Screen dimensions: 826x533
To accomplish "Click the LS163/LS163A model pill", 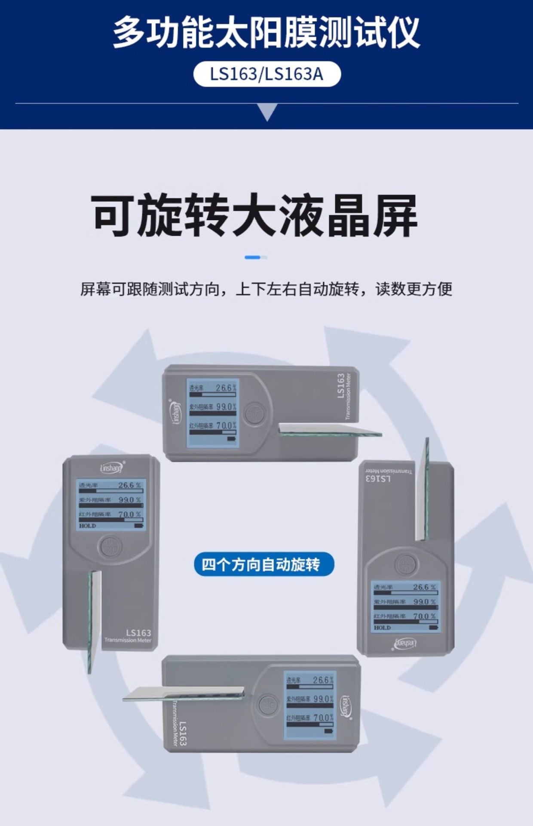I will coord(266,74).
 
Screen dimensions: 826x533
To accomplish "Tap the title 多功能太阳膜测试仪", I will coord(266,32).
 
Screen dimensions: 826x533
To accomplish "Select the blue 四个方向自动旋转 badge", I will coord(263,564).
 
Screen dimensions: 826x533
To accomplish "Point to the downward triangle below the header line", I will coord(267,113).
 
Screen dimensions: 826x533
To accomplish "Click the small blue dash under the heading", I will coord(253,257).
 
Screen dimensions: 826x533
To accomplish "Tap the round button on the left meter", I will coord(110,547).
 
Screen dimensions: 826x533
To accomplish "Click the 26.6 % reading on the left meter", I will coord(129,485).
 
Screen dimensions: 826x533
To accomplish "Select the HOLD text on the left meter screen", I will coord(87,526).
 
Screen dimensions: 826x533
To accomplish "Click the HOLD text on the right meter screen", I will coord(382,628).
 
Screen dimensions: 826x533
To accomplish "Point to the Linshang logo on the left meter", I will coord(111,468).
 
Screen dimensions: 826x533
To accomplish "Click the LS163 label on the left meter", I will coord(138,633).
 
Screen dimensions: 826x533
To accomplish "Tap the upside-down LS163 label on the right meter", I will coord(378,478).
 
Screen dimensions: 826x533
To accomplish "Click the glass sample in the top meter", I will coord(329,429).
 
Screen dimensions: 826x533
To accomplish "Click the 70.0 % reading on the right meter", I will coord(424,616).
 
